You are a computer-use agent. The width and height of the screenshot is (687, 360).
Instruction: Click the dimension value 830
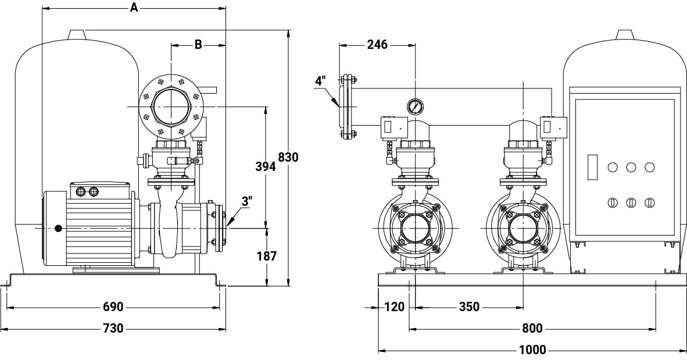(288, 157)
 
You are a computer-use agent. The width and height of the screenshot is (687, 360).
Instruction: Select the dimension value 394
(266, 166)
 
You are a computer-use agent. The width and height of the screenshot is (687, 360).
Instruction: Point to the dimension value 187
(266, 256)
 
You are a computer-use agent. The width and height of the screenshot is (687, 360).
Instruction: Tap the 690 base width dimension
(113, 307)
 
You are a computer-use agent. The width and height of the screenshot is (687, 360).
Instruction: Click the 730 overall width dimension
(113, 329)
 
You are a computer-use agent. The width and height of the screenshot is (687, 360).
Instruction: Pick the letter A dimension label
(134, 8)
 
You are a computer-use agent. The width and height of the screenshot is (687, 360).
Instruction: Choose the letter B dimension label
(198, 44)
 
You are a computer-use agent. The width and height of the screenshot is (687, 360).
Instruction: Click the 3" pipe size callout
(247, 202)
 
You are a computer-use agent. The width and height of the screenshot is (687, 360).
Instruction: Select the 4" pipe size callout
(320, 81)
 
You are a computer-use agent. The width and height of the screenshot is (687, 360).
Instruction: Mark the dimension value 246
(377, 44)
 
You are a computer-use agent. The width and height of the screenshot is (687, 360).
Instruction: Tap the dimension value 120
(394, 307)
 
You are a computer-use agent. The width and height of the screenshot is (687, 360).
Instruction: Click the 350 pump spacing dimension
(469, 307)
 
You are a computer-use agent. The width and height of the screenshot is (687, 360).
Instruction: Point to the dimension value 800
(532, 329)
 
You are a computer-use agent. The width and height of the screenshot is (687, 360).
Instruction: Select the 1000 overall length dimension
(532, 350)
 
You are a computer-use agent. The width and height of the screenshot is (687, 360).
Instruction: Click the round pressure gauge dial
(415, 107)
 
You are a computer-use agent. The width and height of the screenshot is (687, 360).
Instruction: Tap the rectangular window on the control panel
(593, 166)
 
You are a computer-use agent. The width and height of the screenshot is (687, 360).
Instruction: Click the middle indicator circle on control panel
(631, 167)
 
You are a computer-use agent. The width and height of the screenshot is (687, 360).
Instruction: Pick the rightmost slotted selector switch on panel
(649, 202)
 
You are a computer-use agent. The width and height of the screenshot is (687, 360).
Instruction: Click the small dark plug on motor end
(58, 229)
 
